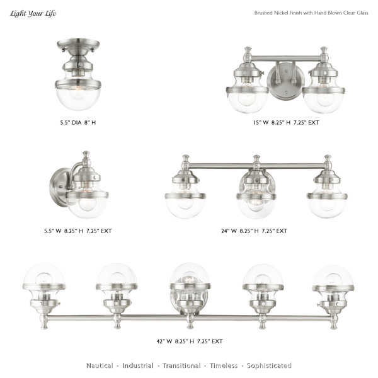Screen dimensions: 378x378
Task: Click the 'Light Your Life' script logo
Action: [33, 13]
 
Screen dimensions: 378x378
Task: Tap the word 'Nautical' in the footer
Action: [100, 365]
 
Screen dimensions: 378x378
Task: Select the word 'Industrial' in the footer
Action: [137, 365]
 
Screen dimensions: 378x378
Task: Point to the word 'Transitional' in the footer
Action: [181, 365]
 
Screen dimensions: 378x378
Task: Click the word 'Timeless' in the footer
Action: [224, 365]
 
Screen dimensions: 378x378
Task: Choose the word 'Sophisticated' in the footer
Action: [269, 365]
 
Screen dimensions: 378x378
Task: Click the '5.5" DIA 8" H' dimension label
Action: [78, 122]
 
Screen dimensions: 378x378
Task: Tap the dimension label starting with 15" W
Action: [286, 122]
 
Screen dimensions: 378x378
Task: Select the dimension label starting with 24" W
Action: [254, 231]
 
